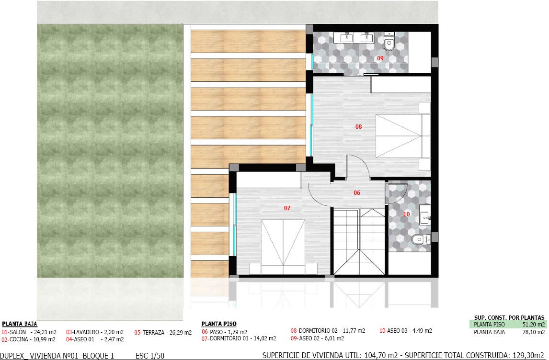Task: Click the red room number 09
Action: click(x=380, y=58)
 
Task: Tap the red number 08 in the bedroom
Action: click(x=358, y=127)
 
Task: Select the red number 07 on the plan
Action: click(x=287, y=208)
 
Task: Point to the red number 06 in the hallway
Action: click(x=357, y=193)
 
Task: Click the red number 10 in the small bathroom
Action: click(x=407, y=214)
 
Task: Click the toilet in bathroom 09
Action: click(x=389, y=42)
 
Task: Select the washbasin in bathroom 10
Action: click(x=425, y=218)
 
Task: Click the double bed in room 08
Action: click(x=403, y=136)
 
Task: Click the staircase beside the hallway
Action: click(x=359, y=241)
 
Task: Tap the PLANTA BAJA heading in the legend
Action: click(x=20, y=324)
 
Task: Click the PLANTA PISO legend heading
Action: click(x=219, y=324)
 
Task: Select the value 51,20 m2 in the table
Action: click(x=534, y=325)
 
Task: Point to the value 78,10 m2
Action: click(x=534, y=332)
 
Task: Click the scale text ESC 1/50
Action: click(x=150, y=356)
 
